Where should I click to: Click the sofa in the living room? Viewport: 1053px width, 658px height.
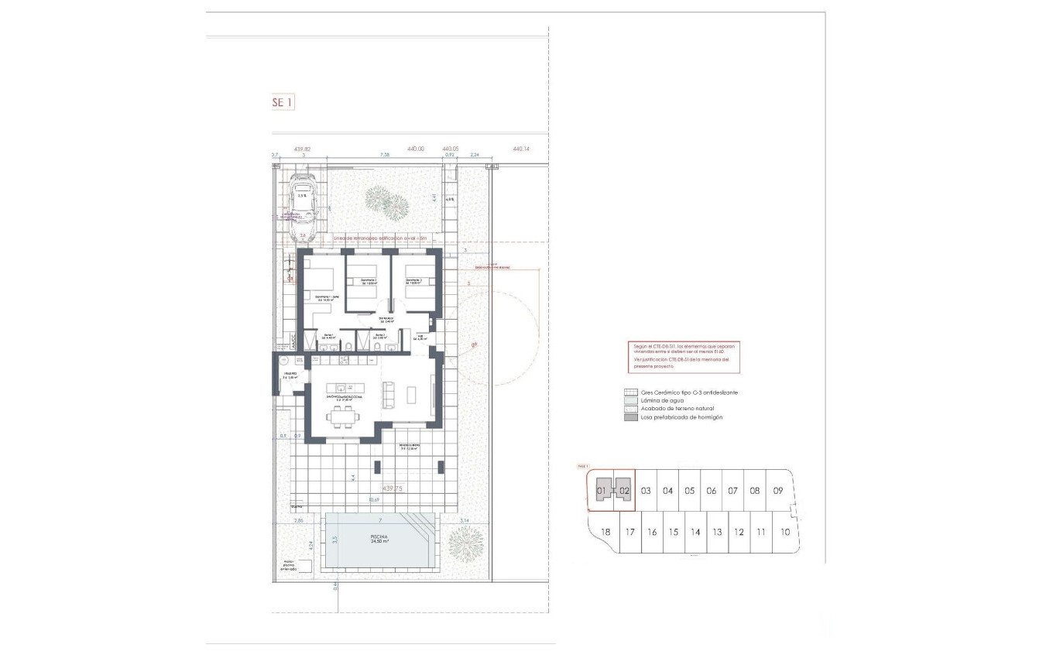(x=389, y=395)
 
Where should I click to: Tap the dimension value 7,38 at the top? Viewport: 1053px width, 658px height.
(x=385, y=155)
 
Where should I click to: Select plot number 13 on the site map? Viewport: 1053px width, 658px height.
(x=717, y=533)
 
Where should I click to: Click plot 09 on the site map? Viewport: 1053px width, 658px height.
(x=778, y=491)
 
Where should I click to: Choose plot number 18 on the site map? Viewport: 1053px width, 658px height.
(x=606, y=533)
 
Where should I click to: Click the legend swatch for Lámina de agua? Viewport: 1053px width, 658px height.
(x=631, y=400)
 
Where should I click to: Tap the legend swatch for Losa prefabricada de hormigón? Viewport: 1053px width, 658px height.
(x=631, y=417)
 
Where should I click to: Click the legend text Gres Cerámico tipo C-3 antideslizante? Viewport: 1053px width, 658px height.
(x=690, y=392)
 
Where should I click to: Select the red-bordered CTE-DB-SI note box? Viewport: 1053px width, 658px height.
(x=684, y=357)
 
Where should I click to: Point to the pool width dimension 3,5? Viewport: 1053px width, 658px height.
(x=334, y=540)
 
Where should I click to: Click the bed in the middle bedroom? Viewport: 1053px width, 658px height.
(x=362, y=283)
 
